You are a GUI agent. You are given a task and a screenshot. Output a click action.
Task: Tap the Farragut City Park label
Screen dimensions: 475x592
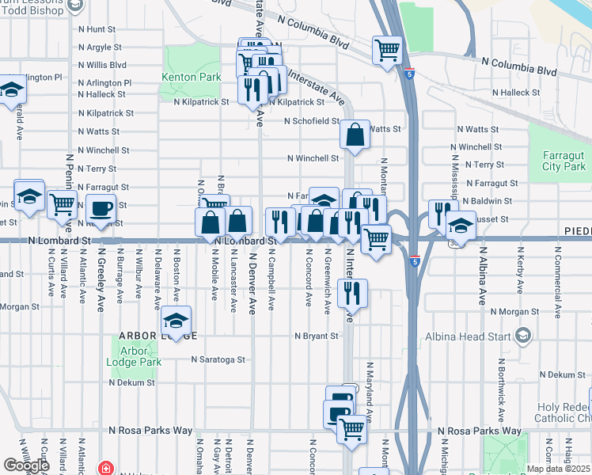click(x=564, y=161)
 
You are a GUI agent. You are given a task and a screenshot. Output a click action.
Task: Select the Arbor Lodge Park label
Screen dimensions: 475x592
click(x=141, y=356)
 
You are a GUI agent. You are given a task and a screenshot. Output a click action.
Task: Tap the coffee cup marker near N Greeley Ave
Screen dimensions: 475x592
click(x=101, y=209)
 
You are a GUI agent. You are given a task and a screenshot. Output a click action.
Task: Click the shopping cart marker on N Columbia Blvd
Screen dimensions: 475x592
click(x=387, y=51)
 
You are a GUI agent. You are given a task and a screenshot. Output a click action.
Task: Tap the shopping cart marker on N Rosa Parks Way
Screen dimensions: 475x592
click(x=351, y=430)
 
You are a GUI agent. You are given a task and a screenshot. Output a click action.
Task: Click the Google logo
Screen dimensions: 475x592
click(x=27, y=465)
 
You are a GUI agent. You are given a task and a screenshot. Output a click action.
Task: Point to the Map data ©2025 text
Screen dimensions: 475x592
click(x=558, y=469)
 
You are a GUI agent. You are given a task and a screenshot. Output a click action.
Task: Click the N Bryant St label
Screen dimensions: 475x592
click(x=317, y=336)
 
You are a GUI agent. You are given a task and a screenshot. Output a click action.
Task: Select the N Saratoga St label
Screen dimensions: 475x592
click(x=218, y=359)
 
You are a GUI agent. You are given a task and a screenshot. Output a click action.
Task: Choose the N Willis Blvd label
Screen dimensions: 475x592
click(x=102, y=66)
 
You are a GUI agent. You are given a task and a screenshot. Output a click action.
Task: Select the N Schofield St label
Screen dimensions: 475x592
click(x=312, y=122)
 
